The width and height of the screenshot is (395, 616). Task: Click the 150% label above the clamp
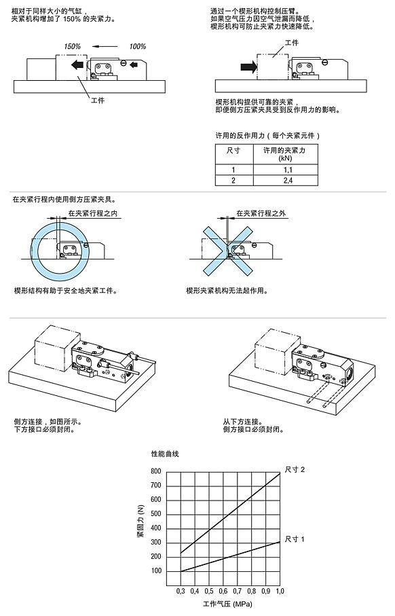coord(72,46)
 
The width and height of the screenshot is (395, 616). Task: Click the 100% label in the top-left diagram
coord(138,46)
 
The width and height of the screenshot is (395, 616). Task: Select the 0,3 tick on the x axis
coord(181,592)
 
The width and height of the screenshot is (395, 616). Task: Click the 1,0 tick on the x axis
coord(279,592)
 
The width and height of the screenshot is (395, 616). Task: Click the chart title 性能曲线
coord(165,453)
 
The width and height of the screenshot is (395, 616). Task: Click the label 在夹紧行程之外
coord(261,213)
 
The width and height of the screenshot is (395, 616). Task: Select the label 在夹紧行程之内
coord(93,213)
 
